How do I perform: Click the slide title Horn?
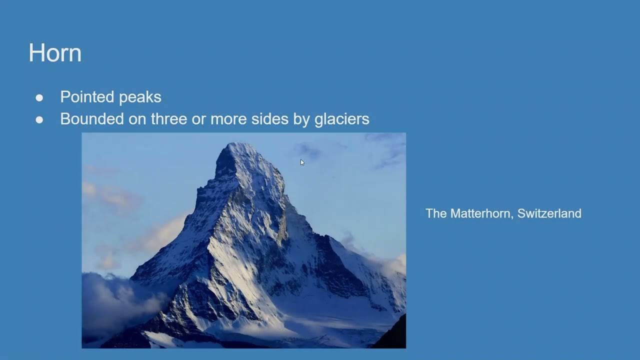(55, 53)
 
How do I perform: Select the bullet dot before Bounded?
(39, 120)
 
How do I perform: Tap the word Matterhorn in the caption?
(481, 213)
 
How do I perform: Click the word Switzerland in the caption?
(549, 213)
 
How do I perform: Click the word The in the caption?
(436, 213)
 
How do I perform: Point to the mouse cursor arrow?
(302, 162)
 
